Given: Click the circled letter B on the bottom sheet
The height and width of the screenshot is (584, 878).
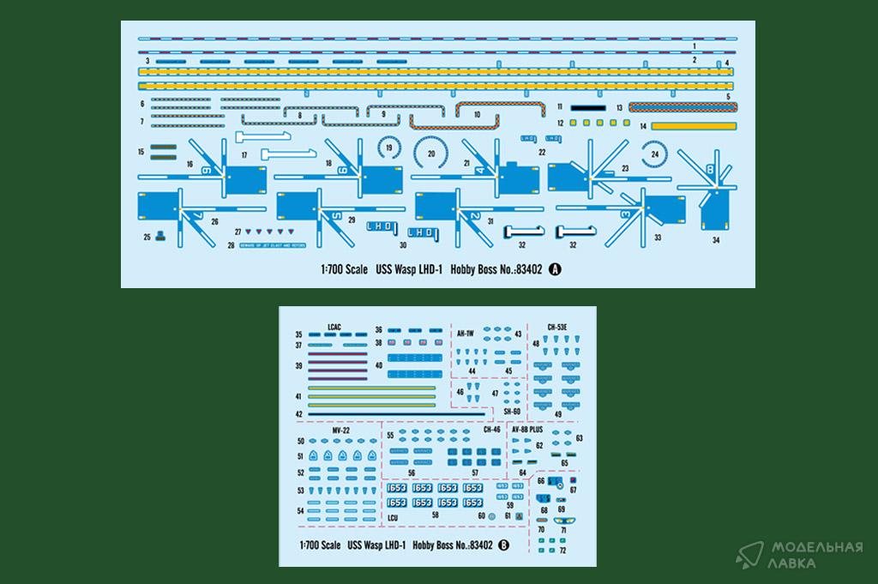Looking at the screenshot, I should [503, 544].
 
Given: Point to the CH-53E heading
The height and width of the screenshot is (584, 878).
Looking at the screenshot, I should [559, 327].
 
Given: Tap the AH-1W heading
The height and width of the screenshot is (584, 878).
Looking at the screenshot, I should [466, 333].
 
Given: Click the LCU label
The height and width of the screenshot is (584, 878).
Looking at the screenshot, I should [393, 517].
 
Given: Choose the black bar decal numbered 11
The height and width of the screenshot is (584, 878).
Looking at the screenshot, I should [588, 107].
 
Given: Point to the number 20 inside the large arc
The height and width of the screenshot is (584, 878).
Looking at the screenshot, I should [431, 155].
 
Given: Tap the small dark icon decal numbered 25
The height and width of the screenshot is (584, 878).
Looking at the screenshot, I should [159, 236].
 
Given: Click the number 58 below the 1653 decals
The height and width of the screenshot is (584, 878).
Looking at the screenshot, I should [436, 515].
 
